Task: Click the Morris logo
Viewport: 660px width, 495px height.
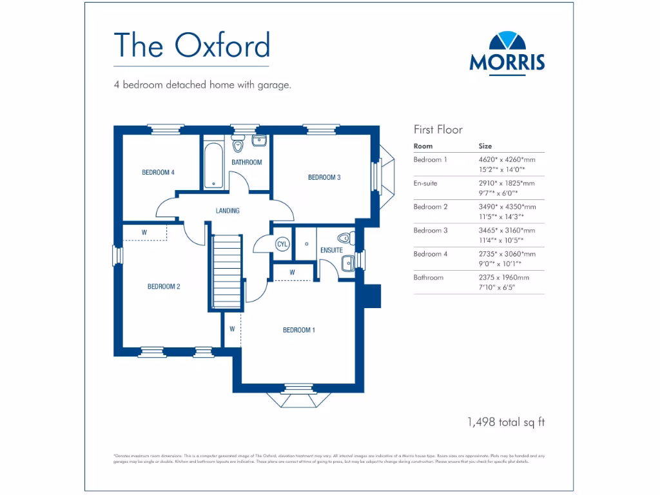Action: point(507,53)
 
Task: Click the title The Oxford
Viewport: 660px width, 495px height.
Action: point(191,45)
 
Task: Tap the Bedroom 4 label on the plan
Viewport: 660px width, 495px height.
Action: point(158,172)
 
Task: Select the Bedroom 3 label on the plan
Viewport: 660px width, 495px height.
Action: point(324,177)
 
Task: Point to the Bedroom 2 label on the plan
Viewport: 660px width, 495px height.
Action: point(164,287)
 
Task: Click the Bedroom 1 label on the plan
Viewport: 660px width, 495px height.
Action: point(299,330)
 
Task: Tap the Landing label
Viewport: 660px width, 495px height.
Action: point(228,211)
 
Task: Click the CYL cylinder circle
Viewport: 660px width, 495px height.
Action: point(282,244)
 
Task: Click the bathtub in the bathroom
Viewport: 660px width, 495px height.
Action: point(213,167)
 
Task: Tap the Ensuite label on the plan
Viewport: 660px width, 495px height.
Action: point(331,250)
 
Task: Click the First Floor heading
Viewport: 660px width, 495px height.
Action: point(438,130)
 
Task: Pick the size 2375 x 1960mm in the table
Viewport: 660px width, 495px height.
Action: point(503,277)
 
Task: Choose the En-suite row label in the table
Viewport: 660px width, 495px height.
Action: point(425,183)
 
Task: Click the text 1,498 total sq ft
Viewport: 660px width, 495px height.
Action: point(506,422)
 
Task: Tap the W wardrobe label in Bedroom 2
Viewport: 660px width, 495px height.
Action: point(144,232)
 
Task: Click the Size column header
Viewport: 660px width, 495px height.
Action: point(485,146)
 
